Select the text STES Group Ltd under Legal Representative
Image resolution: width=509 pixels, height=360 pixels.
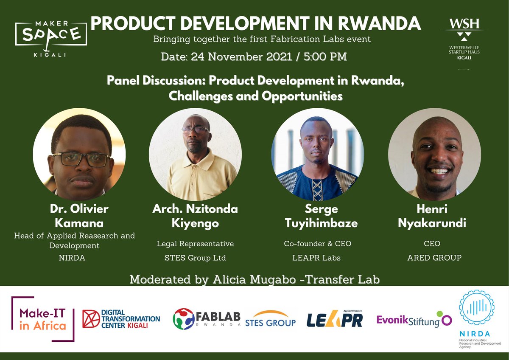(196, 257)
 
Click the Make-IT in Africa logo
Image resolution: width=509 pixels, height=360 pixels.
(42, 319)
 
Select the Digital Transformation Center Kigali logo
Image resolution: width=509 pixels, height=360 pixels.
(121, 319)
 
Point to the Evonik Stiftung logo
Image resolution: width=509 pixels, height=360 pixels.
(414, 321)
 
